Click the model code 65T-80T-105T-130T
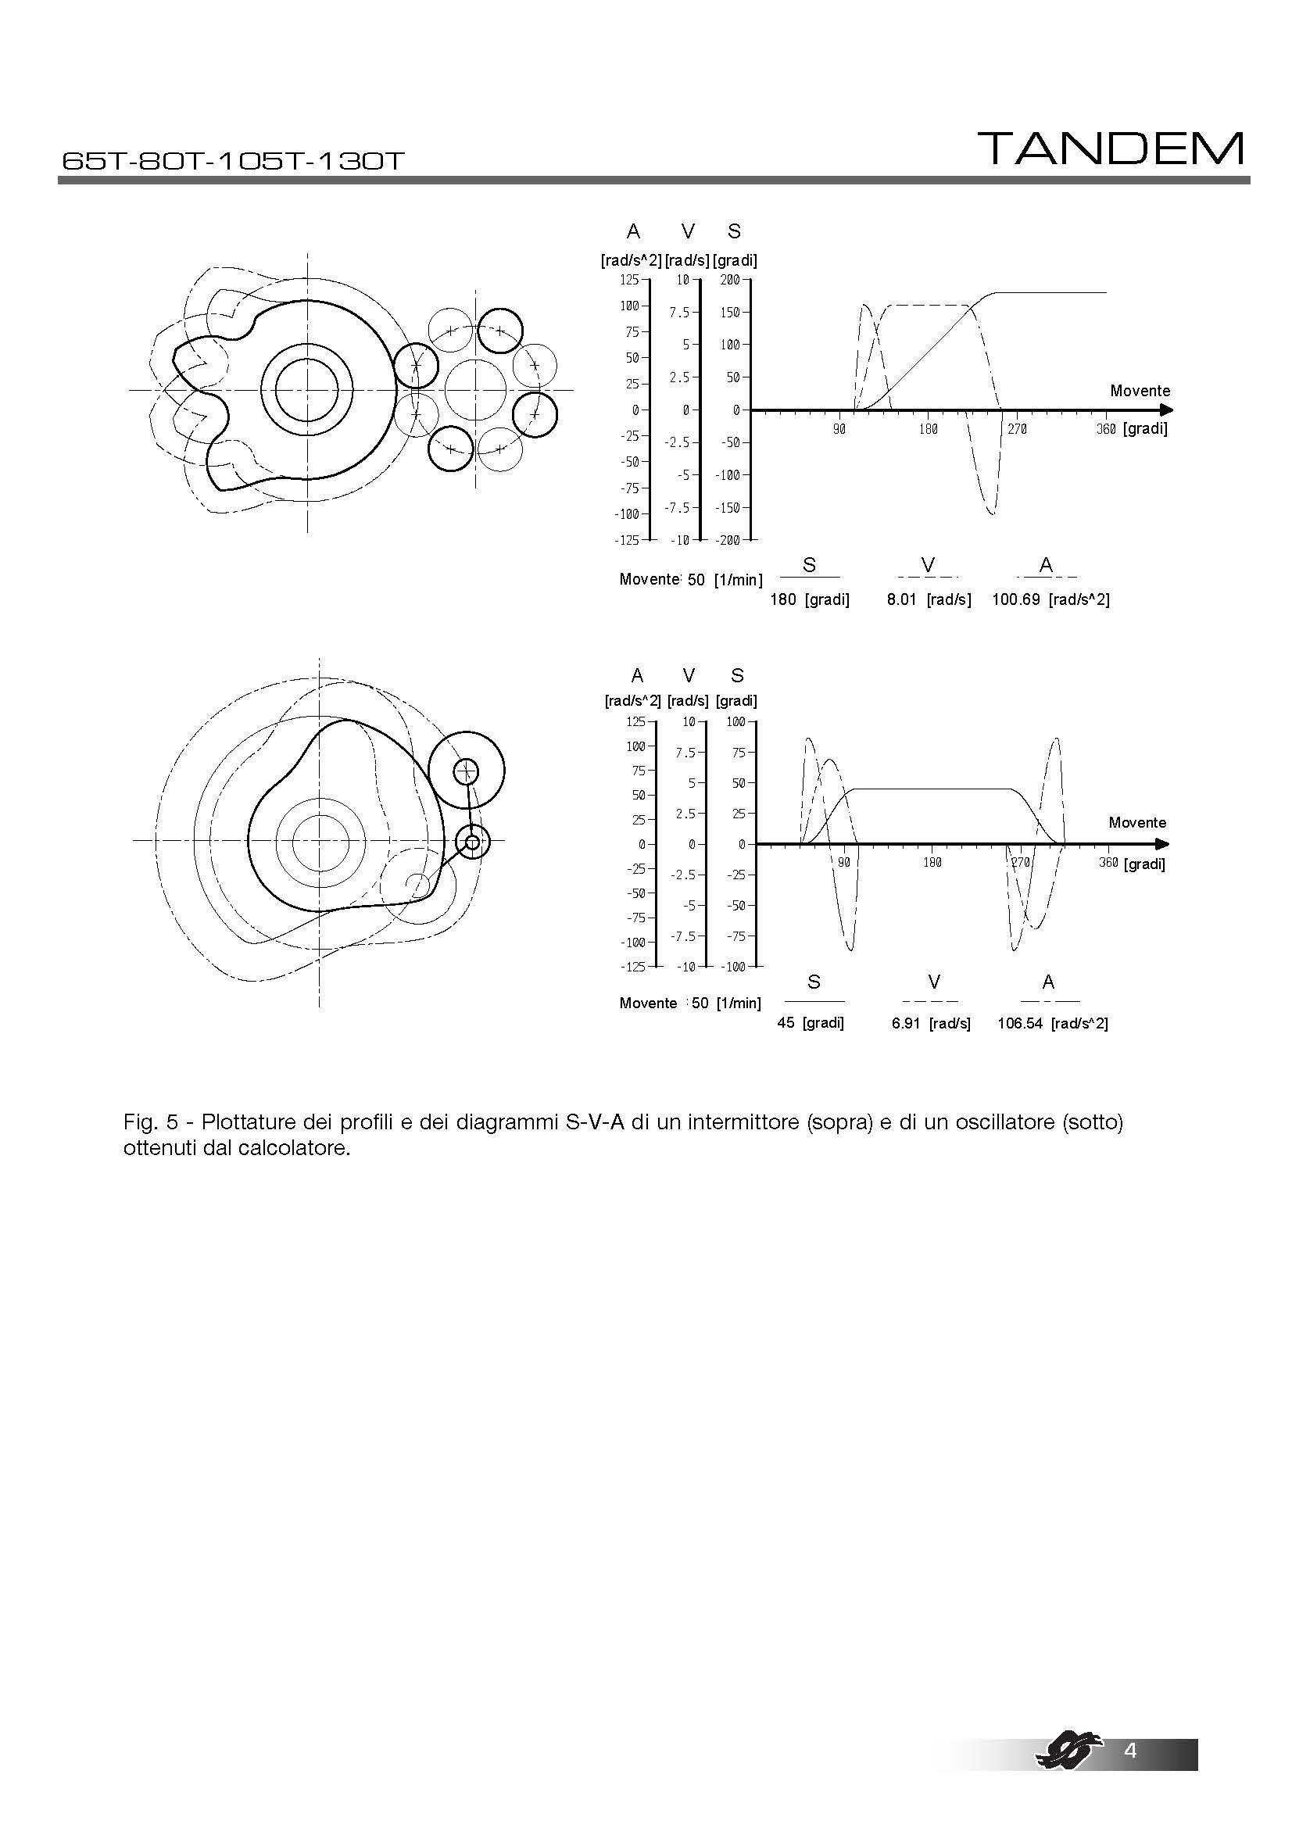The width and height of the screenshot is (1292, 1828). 232,161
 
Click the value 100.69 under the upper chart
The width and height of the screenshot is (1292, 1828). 1015,599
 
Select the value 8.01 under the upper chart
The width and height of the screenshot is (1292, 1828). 901,599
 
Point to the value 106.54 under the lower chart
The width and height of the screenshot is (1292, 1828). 1020,1023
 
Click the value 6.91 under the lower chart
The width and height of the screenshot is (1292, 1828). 905,1023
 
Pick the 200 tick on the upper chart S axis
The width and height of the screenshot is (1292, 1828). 730,280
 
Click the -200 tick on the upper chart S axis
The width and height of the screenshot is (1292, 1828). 728,540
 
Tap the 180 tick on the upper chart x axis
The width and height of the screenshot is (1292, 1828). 929,429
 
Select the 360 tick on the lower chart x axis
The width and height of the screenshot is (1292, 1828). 1108,862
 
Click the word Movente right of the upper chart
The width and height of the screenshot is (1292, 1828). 1140,391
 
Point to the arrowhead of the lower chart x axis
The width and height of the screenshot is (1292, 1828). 1164,844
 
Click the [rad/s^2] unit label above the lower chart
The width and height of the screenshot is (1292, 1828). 632,700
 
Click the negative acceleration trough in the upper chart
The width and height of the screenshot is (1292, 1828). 991,513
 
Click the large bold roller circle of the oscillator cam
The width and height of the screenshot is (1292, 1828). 467,770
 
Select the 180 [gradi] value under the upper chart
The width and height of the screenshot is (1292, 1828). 809,599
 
